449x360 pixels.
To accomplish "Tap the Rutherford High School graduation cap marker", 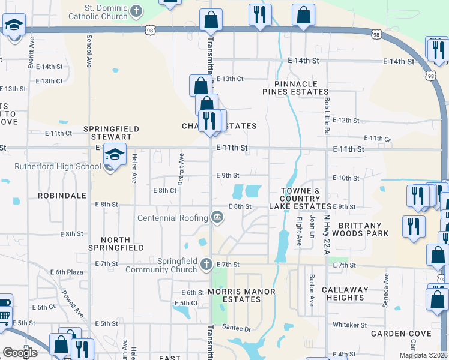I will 114,155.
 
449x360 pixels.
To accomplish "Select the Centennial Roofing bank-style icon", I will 217,218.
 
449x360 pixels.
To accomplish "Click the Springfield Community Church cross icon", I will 206,263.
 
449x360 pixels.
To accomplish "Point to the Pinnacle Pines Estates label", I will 295,88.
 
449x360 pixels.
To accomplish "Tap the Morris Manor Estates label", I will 241,295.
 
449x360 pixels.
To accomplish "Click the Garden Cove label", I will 401,333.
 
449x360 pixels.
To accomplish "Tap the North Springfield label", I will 116,244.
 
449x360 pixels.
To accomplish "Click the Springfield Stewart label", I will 111,133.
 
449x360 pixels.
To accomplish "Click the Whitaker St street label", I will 349,325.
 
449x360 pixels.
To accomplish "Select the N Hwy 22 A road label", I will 327,235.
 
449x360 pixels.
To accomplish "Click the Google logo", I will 20,353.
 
